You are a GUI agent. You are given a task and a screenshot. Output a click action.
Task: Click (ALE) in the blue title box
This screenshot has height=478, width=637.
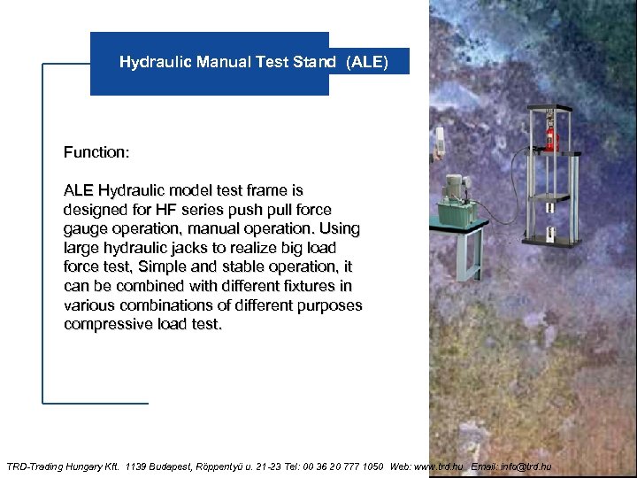pyautogui.click(x=366, y=62)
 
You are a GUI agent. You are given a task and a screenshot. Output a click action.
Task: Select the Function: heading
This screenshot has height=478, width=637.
pyautogui.click(x=96, y=152)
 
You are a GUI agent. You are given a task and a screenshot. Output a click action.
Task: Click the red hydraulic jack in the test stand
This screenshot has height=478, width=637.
pyautogui.click(x=550, y=137)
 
